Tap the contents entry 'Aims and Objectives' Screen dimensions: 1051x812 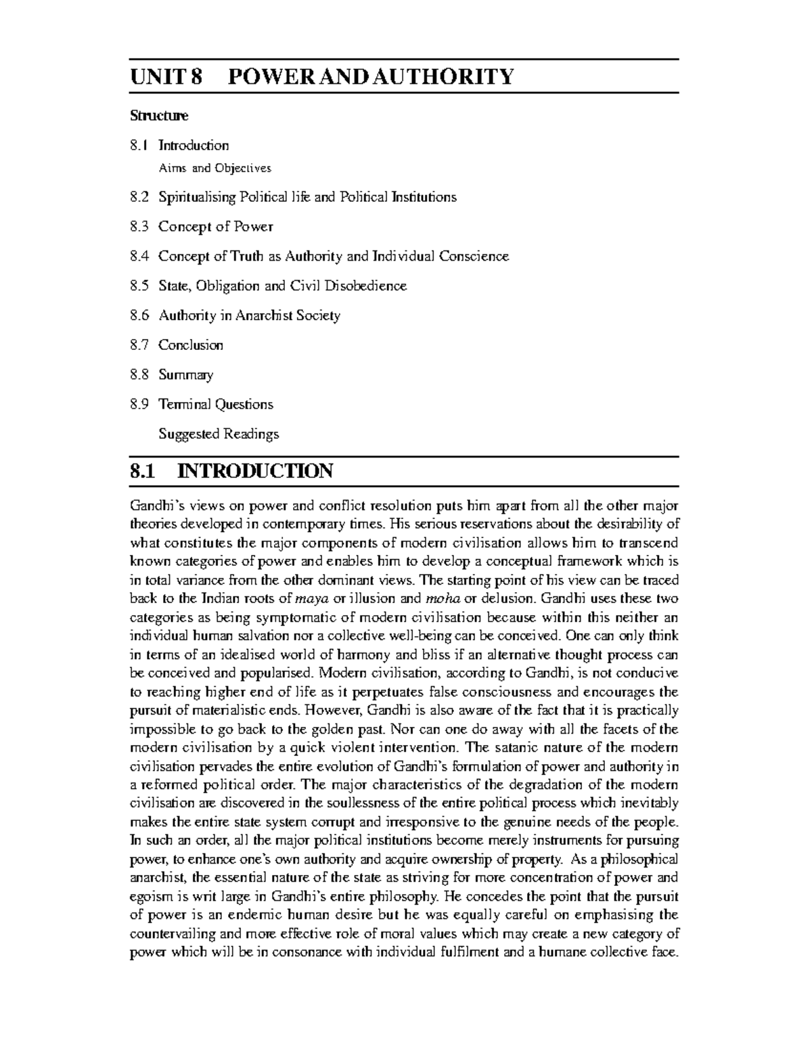click(215, 167)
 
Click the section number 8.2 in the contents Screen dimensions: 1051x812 click(139, 197)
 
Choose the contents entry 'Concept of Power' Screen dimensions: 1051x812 click(216, 227)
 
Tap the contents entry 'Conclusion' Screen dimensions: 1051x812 click(191, 345)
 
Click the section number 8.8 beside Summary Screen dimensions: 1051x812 click(139, 375)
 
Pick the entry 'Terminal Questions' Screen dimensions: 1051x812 click(216, 405)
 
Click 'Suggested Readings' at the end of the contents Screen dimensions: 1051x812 click(219, 434)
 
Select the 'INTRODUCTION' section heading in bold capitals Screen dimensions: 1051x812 click(254, 470)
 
